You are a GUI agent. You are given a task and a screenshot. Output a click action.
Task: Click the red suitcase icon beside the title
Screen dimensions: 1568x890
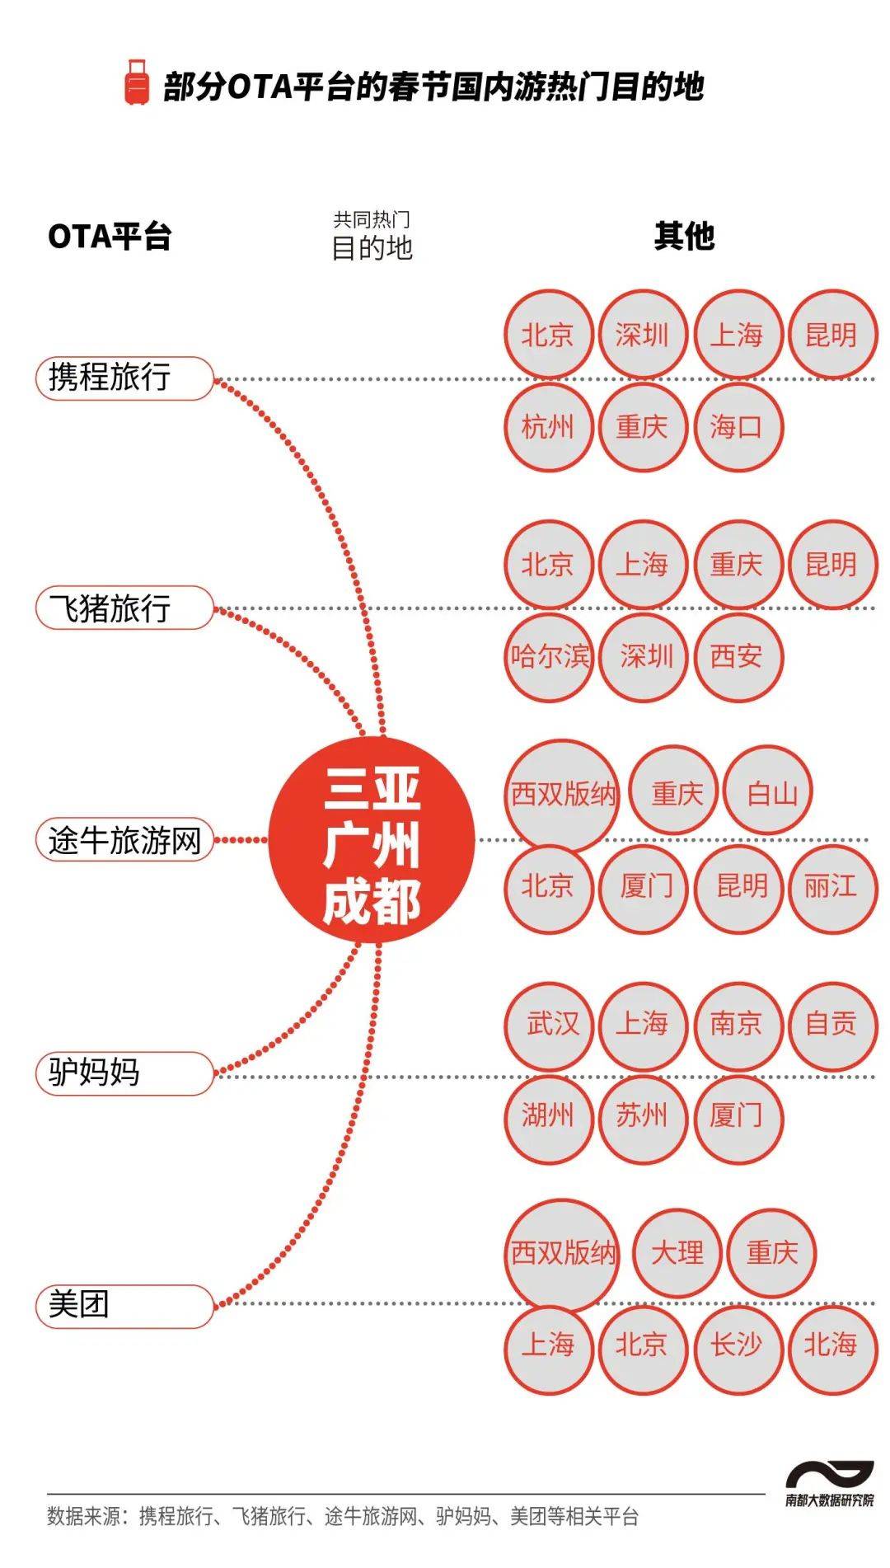(x=137, y=82)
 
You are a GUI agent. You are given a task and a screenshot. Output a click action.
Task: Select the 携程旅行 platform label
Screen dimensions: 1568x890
(x=124, y=378)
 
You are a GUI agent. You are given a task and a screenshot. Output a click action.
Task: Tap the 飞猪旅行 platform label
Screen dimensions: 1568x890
(x=124, y=608)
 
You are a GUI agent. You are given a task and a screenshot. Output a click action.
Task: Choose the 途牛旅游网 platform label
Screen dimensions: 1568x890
(x=124, y=841)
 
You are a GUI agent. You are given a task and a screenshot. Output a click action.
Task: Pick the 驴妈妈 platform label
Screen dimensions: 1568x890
(x=124, y=1073)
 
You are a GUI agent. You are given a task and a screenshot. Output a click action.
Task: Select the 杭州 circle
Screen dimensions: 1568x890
(x=548, y=427)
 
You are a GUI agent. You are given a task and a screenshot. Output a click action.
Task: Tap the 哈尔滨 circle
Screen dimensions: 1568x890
(x=548, y=657)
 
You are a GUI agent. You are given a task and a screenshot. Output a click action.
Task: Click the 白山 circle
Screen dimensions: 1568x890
(x=770, y=792)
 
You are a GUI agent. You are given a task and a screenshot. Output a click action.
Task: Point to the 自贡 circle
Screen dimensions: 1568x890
(x=831, y=1025)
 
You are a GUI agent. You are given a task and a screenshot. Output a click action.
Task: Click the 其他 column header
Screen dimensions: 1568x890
(x=684, y=237)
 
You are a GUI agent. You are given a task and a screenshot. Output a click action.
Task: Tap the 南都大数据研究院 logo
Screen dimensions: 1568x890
(x=829, y=1484)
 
